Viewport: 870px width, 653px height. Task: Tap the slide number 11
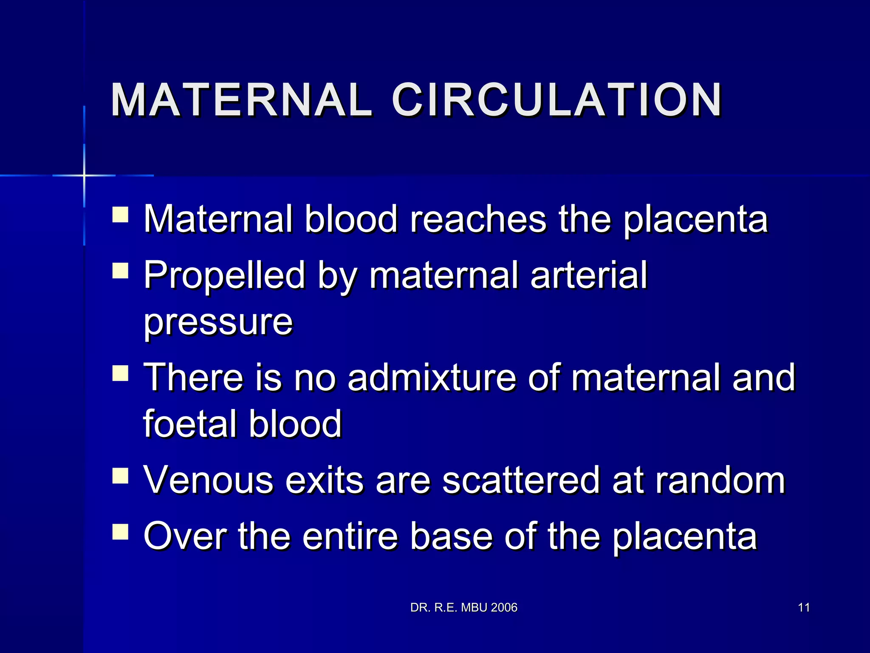pyautogui.click(x=804, y=608)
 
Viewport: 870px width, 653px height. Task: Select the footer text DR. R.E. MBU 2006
pyautogui.click(x=464, y=608)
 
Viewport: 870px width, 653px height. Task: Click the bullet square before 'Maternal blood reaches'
pyautogui.click(x=120, y=215)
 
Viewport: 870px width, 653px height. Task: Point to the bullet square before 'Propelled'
pyautogui.click(x=120, y=270)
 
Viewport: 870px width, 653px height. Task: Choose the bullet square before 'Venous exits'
pyautogui.click(x=120, y=476)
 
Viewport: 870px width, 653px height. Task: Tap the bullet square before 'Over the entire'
pyautogui.click(x=120, y=531)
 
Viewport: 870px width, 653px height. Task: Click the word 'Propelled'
pyautogui.click(x=224, y=275)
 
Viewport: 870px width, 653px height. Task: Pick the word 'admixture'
pyautogui.click(x=432, y=378)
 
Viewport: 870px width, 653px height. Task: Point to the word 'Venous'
pyautogui.click(x=208, y=480)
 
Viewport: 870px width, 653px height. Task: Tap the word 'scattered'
pyautogui.click(x=521, y=480)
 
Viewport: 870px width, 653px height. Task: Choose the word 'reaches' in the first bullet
pyautogui.click(x=478, y=219)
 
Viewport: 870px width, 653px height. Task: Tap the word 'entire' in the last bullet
pyautogui.click(x=350, y=537)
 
